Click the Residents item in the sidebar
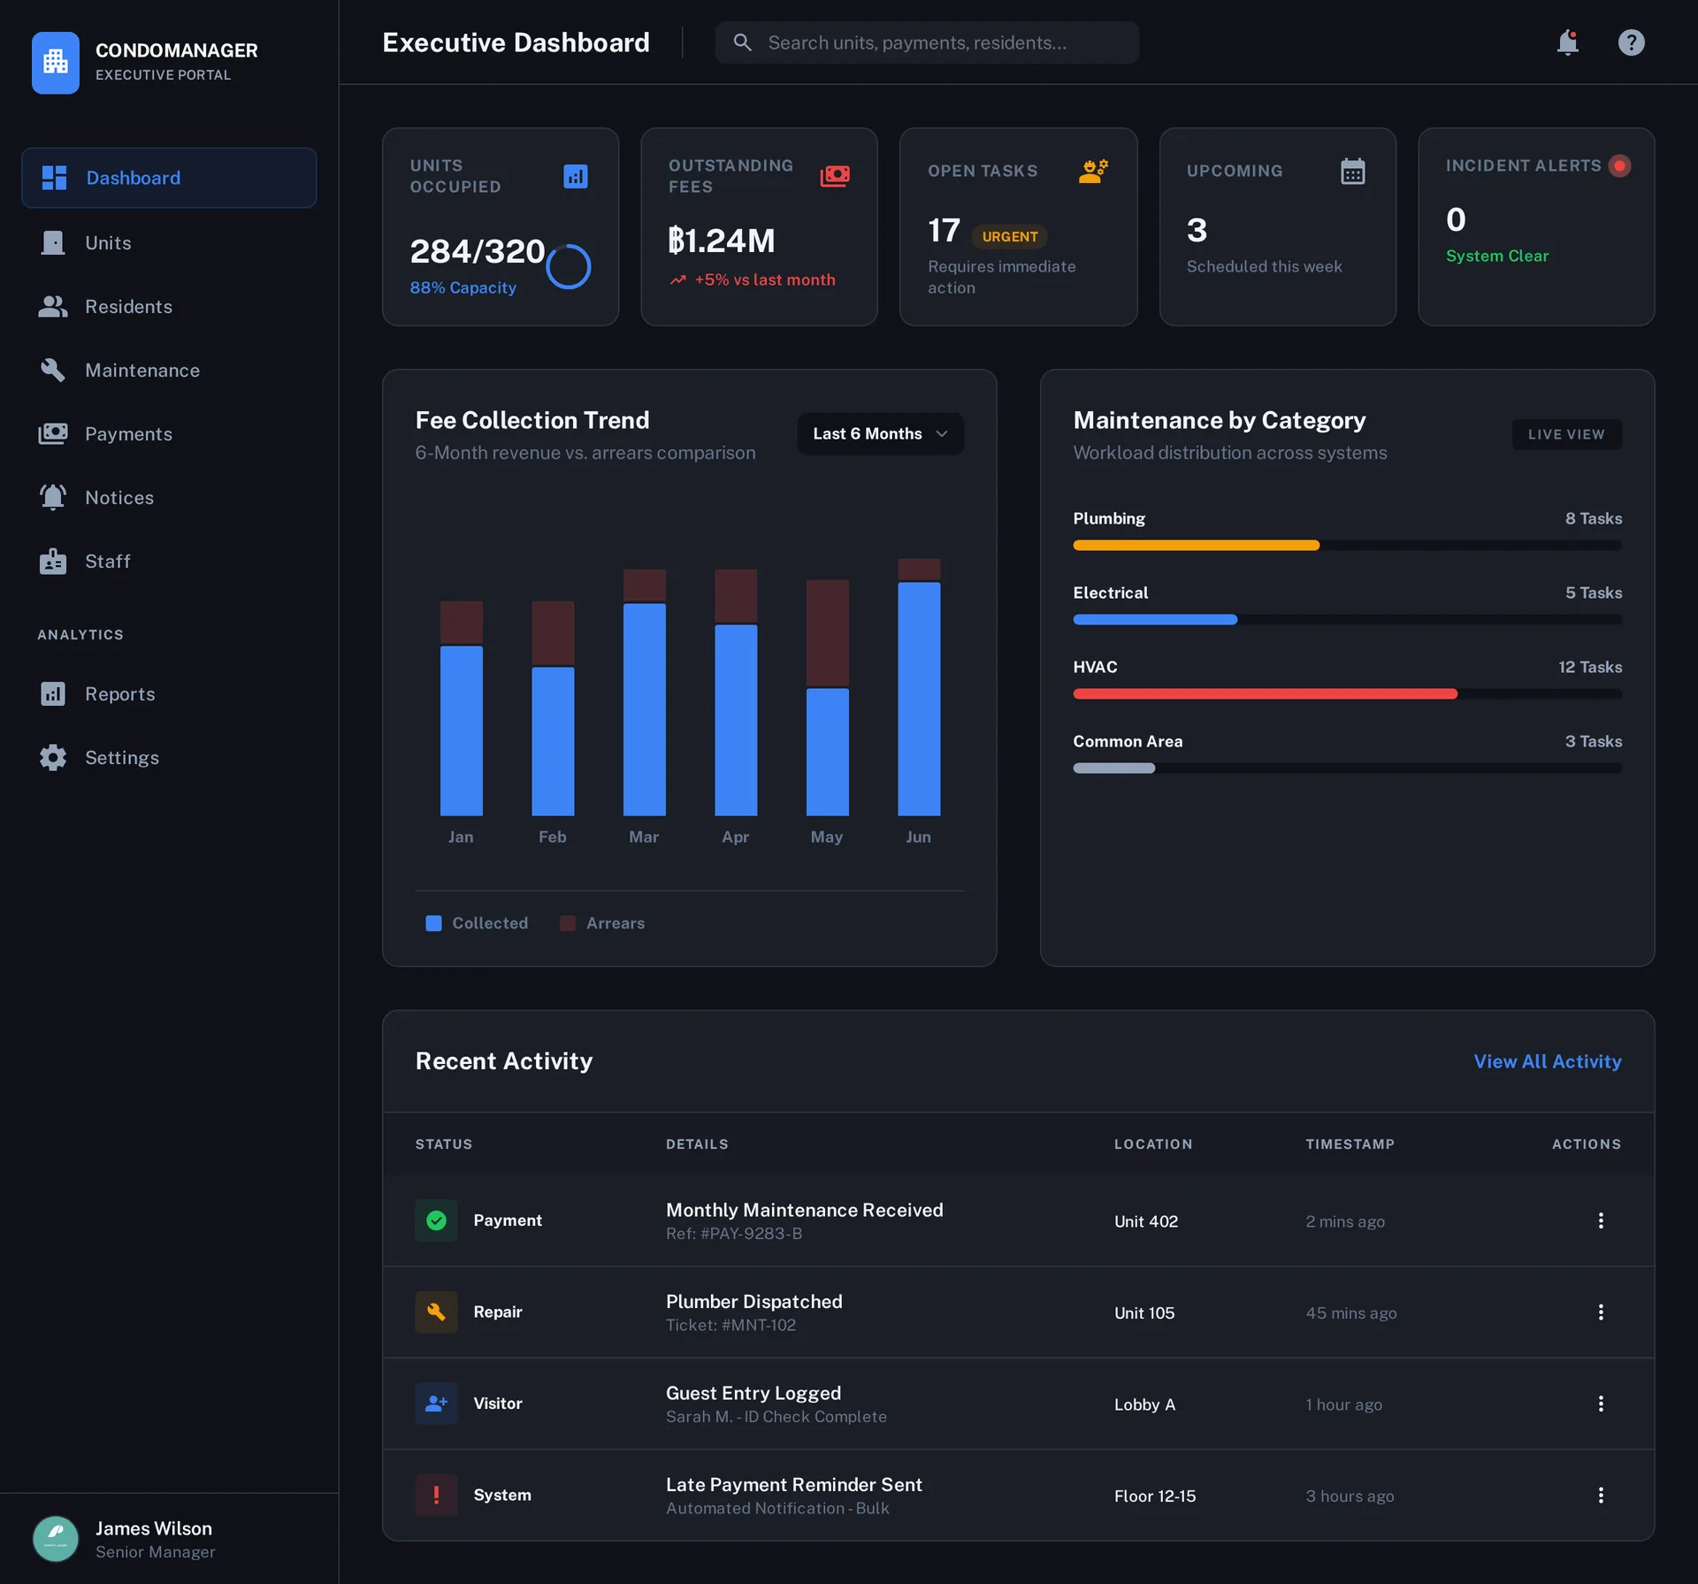click(128, 307)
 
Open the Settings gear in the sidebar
click(54, 758)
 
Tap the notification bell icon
click(1567, 42)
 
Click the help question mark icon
click(1631, 42)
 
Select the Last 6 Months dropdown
click(880, 434)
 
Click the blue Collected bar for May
click(827, 752)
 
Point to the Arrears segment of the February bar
click(553, 633)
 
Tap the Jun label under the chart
click(918, 837)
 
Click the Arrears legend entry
click(603, 923)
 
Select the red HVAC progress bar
click(1265, 694)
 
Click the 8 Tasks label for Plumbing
click(1593, 518)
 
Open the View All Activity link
click(1547, 1061)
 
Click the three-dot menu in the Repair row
click(1600, 1312)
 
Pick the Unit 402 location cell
click(1145, 1221)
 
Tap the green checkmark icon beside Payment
click(436, 1221)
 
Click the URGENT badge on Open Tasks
click(1009, 237)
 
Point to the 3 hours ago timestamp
click(1350, 1496)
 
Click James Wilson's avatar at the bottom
click(56, 1539)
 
